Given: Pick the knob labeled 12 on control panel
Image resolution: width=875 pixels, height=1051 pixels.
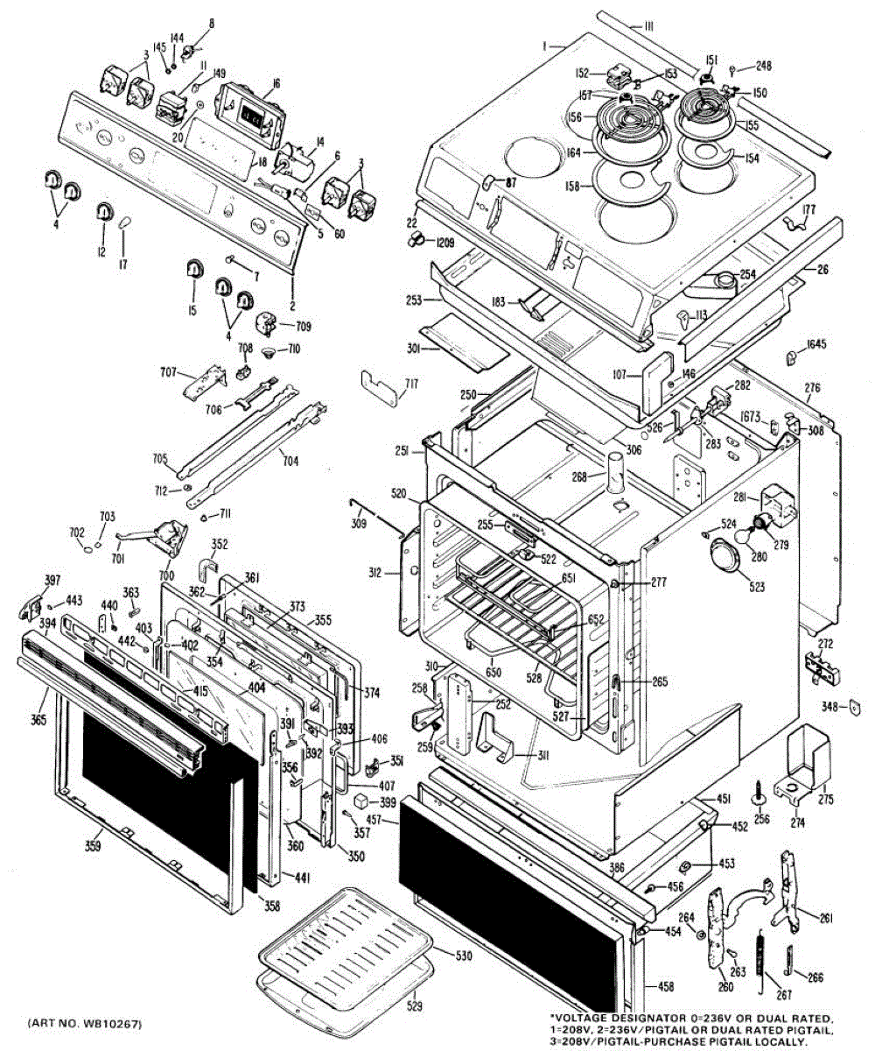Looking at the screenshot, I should pyautogui.click(x=104, y=211).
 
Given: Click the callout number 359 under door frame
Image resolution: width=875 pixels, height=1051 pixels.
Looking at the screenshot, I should pyautogui.click(x=93, y=845).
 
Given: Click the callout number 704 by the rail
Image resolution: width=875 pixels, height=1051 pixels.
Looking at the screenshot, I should pyautogui.click(x=289, y=455).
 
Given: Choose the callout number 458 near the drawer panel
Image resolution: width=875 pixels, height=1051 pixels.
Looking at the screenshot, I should pyautogui.click(x=666, y=987).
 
